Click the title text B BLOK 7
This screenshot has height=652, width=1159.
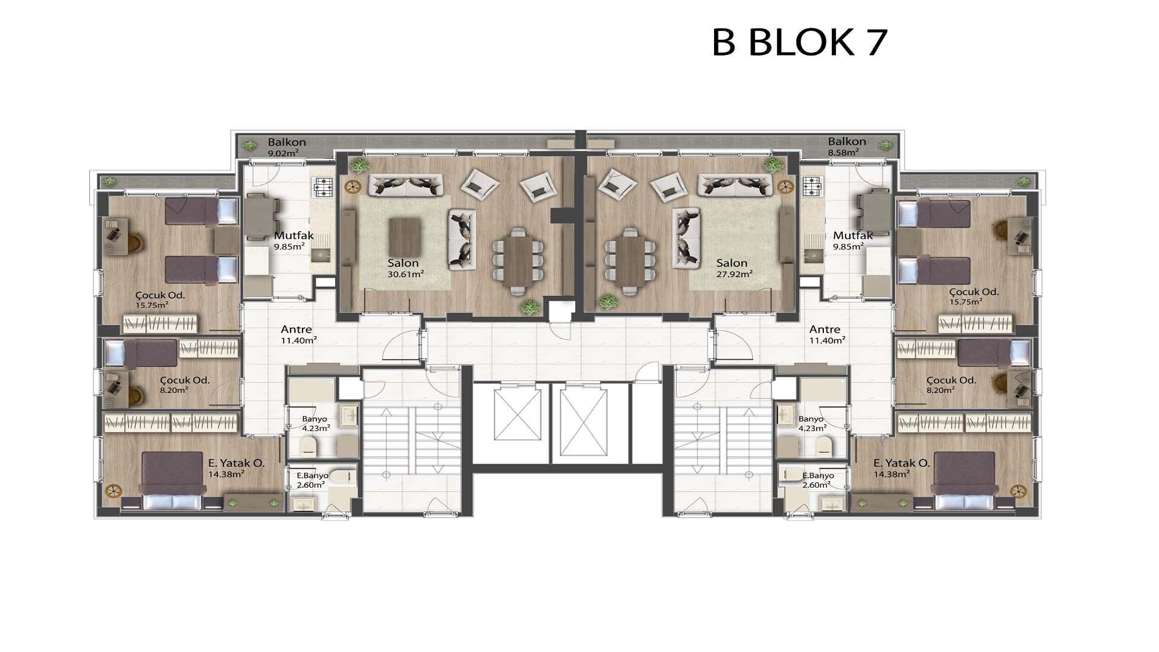click(x=800, y=42)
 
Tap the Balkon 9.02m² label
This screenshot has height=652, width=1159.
click(x=287, y=147)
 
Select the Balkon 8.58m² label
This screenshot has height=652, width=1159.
click(x=847, y=147)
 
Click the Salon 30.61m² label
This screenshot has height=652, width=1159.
click(x=404, y=267)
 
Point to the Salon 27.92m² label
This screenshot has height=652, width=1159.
click(x=733, y=267)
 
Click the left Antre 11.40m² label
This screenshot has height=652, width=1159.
click(x=298, y=334)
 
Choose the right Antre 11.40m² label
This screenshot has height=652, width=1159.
click(x=826, y=334)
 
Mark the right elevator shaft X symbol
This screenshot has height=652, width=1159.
click(x=583, y=423)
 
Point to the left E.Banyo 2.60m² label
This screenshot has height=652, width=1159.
click(x=311, y=480)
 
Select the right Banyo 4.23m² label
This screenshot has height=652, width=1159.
click(x=811, y=424)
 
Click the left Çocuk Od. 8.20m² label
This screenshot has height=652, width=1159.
click(x=184, y=385)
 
